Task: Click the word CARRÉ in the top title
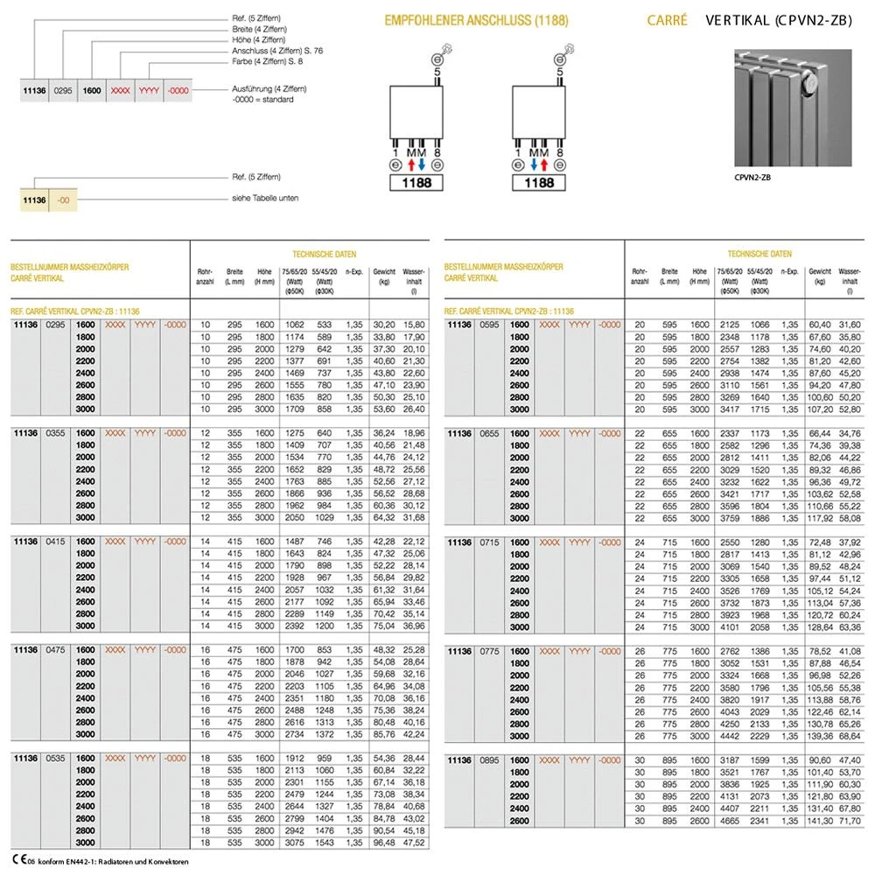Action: (667, 19)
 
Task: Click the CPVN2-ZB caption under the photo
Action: (753, 178)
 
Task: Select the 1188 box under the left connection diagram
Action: (415, 183)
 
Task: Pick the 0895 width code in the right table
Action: (490, 760)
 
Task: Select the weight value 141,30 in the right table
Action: (820, 822)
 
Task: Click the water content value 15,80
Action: (414, 325)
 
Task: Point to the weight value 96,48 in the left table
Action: (384, 843)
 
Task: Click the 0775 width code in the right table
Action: (490, 652)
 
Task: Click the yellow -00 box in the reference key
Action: (63, 200)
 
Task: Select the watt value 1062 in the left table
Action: (291, 325)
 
